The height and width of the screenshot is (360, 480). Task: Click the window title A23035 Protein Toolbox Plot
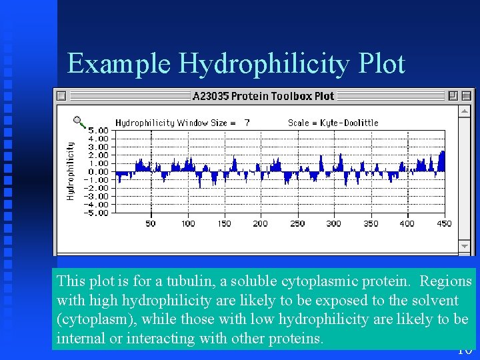click(263, 96)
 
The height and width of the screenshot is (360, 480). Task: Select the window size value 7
click(247, 123)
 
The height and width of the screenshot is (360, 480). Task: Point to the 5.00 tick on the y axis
click(98, 131)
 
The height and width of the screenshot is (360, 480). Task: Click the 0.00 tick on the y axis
click(98, 172)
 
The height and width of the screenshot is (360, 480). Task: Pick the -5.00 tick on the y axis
click(97, 213)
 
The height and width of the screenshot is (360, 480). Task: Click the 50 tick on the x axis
click(151, 224)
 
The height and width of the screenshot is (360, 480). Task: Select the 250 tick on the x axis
click(297, 224)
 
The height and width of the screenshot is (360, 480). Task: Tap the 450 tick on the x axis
click(444, 224)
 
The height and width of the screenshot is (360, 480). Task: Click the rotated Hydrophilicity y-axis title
click(71, 170)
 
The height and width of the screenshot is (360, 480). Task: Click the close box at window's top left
click(61, 96)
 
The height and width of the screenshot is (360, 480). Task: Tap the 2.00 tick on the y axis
click(98, 155)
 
